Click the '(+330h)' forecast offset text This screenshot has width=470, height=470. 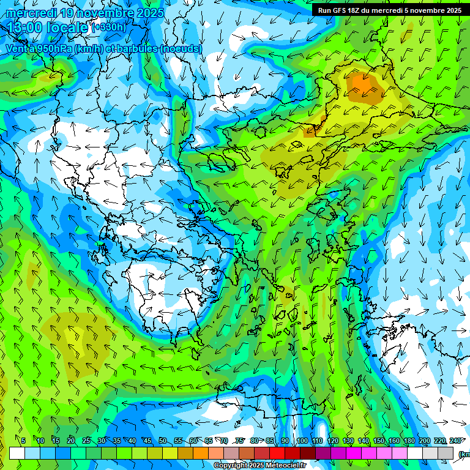[110, 27]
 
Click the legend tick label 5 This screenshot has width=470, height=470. [23, 441]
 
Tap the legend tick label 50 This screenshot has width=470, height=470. [162, 441]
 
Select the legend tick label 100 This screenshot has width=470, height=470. [302, 441]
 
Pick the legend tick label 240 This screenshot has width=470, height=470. [455, 441]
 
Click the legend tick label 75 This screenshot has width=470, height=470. [239, 441]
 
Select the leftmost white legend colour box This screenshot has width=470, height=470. [17, 453]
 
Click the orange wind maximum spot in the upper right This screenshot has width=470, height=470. [364, 86]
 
